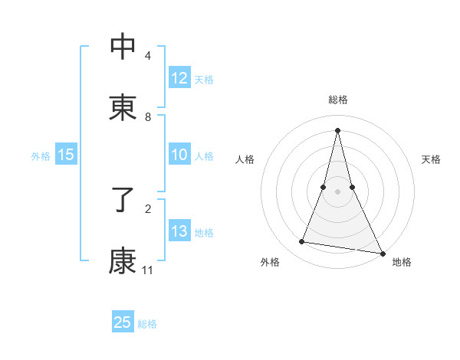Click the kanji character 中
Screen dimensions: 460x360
pyautogui.click(x=123, y=47)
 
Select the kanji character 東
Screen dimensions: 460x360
pyautogui.click(x=123, y=107)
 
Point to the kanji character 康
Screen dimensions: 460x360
pyautogui.click(x=123, y=261)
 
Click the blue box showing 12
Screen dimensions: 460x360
pyautogui.click(x=179, y=78)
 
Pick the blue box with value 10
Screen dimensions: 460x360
pyautogui.click(x=179, y=155)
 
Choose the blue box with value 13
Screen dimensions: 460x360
pyautogui.click(x=179, y=231)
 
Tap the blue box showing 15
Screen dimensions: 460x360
pyautogui.click(x=66, y=155)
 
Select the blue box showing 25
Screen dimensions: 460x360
pyautogui.click(x=123, y=322)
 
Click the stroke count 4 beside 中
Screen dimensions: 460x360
pyautogui.click(x=148, y=56)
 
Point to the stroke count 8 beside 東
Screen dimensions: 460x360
pyautogui.click(x=148, y=117)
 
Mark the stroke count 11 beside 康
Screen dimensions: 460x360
pyautogui.click(x=148, y=270)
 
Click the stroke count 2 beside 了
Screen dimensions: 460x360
pyautogui.click(x=148, y=208)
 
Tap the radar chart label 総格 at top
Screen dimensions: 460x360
pyautogui.click(x=338, y=100)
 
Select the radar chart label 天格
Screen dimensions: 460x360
pyautogui.click(x=431, y=159)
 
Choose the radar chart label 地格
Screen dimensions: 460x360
pyautogui.click(x=402, y=263)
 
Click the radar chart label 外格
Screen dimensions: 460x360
pyautogui.click(x=270, y=263)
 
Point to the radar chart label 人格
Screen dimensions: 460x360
pyautogui.click(x=245, y=159)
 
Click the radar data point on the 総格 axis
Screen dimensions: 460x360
pyautogui.click(x=337, y=129)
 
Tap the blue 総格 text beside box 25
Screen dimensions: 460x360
pyautogui.click(x=147, y=324)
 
